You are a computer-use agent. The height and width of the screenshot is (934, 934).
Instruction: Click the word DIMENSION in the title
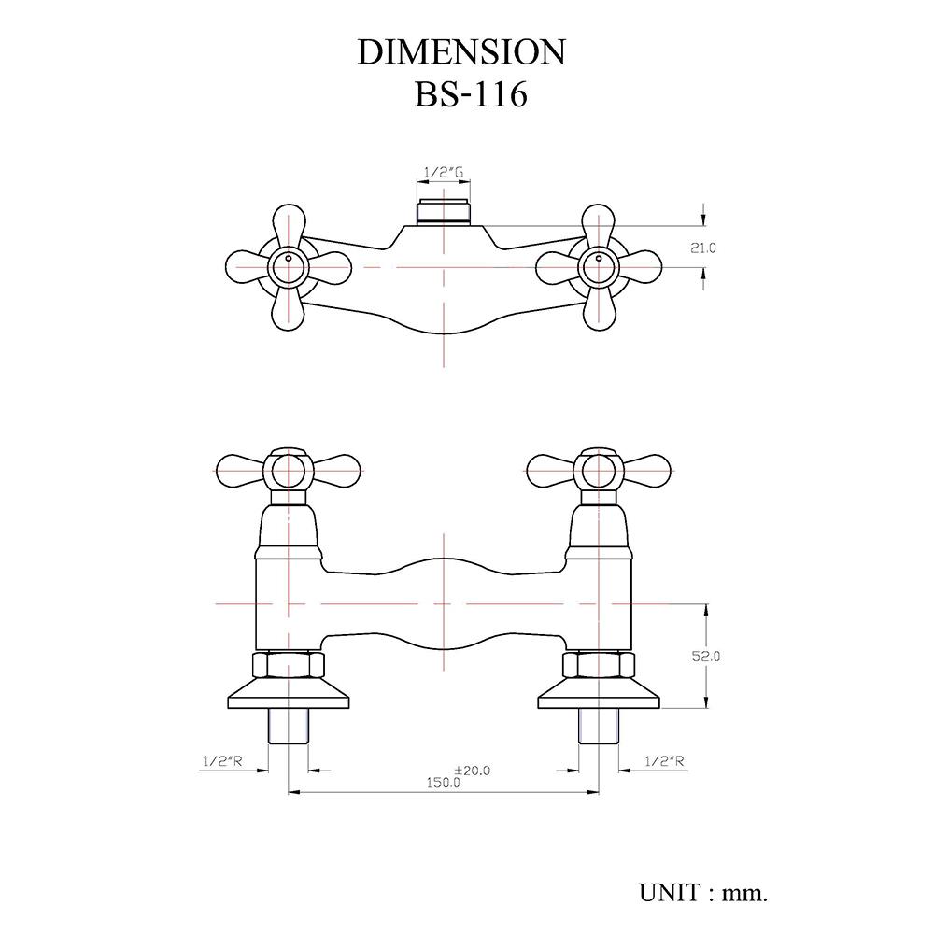[x=461, y=52]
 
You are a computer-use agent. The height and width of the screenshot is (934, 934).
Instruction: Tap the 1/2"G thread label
[x=444, y=173]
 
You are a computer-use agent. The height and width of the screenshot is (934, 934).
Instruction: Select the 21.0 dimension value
[x=703, y=248]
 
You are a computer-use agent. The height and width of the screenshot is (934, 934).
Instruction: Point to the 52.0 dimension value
[x=706, y=657]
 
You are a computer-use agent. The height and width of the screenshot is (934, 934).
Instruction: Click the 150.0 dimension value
[x=444, y=783]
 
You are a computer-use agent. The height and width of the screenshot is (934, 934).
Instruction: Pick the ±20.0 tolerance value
[x=472, y=770]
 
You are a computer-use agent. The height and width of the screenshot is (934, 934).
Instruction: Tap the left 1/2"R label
[x=222, y=761]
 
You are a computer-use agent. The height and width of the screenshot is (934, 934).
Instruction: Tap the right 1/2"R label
[x=665, y=761]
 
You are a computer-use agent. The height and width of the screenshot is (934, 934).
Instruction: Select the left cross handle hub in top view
[x=288, y=267]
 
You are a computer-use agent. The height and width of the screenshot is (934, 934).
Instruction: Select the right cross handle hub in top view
[x=598, y=267]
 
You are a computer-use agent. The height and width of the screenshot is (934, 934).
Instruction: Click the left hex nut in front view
[x=289, y=666]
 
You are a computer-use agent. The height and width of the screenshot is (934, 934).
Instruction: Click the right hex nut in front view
[x=598, y=666]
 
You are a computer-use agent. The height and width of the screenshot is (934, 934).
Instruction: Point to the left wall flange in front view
[x=289, y=696]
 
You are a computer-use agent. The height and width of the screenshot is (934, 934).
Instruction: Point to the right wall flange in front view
[x=598, y=696]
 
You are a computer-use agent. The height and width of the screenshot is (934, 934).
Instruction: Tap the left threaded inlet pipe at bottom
[x=288, y=726]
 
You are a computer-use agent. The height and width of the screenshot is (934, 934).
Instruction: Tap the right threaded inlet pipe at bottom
[x=598, y=726]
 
